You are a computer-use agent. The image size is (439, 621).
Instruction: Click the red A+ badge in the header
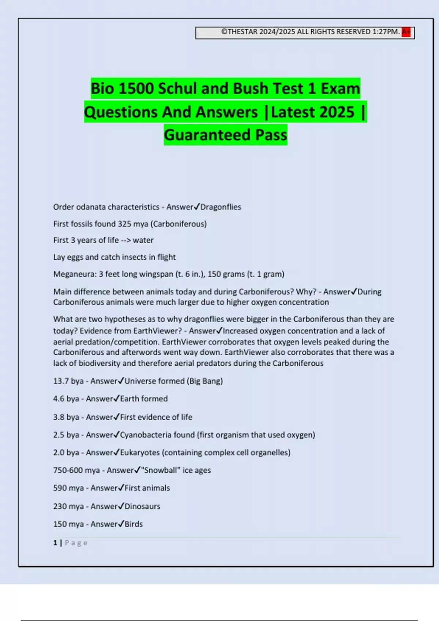(x=406, y=32)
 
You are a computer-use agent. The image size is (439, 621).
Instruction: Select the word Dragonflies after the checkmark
(x=221, y=207)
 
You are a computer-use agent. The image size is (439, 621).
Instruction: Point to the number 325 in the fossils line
(x=124, y=224)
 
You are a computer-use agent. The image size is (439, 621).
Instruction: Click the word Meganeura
(x=74, y=274)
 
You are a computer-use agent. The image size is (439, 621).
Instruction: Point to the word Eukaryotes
(x=140, y=453)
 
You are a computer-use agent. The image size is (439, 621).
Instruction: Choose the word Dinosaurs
(x=142, y=506)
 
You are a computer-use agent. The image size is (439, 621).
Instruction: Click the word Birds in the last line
(x=134, y=524)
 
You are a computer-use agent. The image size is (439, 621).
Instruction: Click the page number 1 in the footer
(x=55, y=543)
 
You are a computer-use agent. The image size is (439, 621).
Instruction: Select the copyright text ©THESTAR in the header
(x=239, y=32)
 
